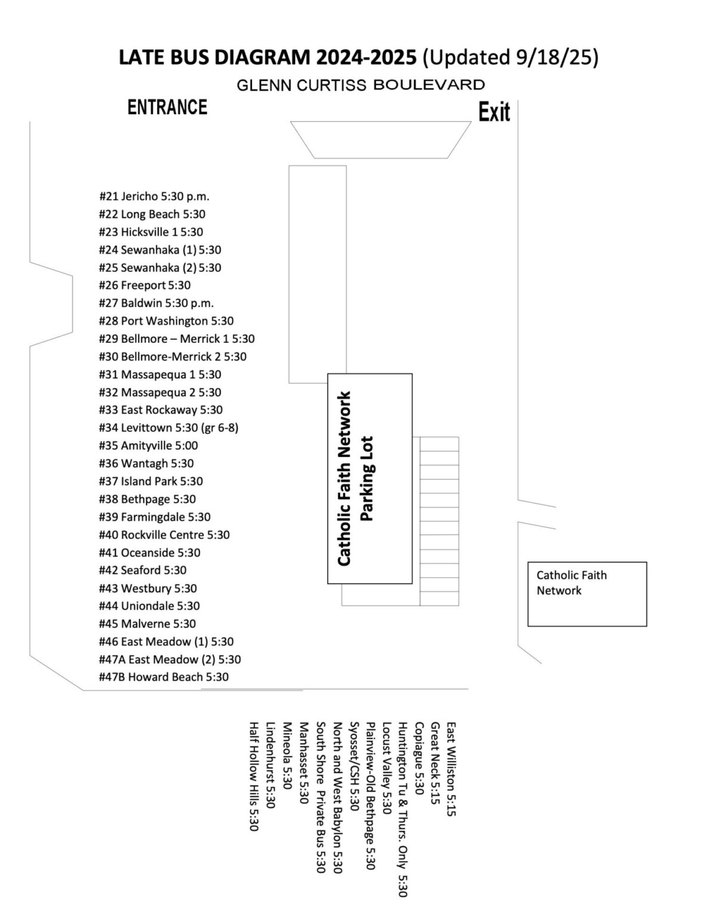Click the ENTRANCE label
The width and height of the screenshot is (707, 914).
point(167,107)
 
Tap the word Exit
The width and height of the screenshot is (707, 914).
point(494,112)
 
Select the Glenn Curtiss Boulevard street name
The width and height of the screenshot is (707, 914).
point(360,85)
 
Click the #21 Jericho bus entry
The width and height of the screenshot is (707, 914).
point(154,196)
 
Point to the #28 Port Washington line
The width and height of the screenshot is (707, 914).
point(166,321)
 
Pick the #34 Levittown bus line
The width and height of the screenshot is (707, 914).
point(169,427)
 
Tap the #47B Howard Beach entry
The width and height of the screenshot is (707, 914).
point(164,677)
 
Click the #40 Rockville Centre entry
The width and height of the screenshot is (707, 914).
point(164,534)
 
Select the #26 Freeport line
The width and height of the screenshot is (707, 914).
point(145,285)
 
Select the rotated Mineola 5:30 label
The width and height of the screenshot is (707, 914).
point(287,756)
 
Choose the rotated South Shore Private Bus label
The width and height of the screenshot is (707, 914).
point(320,798)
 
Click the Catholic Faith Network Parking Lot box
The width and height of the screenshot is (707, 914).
point(370,478)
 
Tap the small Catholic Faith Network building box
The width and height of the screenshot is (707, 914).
point(587,593)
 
